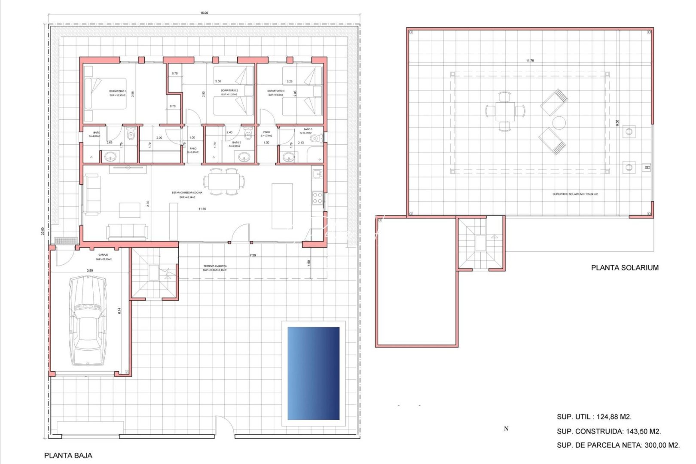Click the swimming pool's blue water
[313, 373]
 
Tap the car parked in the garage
[88, 320]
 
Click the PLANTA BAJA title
[68, 455]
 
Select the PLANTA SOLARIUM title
[624, 268]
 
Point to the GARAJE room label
[103, 255]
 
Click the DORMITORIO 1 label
[117, 91]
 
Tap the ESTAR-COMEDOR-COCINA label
[187, 192]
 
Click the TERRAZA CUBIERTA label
[215, 266]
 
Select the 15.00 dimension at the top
[204, 13]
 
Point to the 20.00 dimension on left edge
[42, 231]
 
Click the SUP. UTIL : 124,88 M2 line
[594, 417]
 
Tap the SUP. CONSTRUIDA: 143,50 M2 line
[608, 431]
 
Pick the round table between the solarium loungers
[559, 123]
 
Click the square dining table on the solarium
[505, 111]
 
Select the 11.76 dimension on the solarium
[530, 61]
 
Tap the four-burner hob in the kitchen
[317, 198]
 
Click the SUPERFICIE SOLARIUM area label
[575, 194]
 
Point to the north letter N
[506, 429]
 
